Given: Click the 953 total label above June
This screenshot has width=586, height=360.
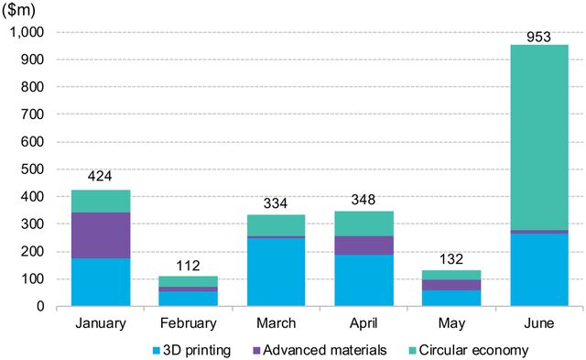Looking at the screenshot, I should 539,37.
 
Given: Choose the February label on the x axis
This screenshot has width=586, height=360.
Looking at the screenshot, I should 188,322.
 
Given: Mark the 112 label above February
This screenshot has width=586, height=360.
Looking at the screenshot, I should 188,267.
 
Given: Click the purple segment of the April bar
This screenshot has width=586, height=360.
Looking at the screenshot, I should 364,245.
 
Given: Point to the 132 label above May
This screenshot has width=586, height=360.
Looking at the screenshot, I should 451,262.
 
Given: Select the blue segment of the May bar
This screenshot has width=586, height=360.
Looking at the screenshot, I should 451,298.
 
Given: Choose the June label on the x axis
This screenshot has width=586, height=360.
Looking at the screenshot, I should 539,322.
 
